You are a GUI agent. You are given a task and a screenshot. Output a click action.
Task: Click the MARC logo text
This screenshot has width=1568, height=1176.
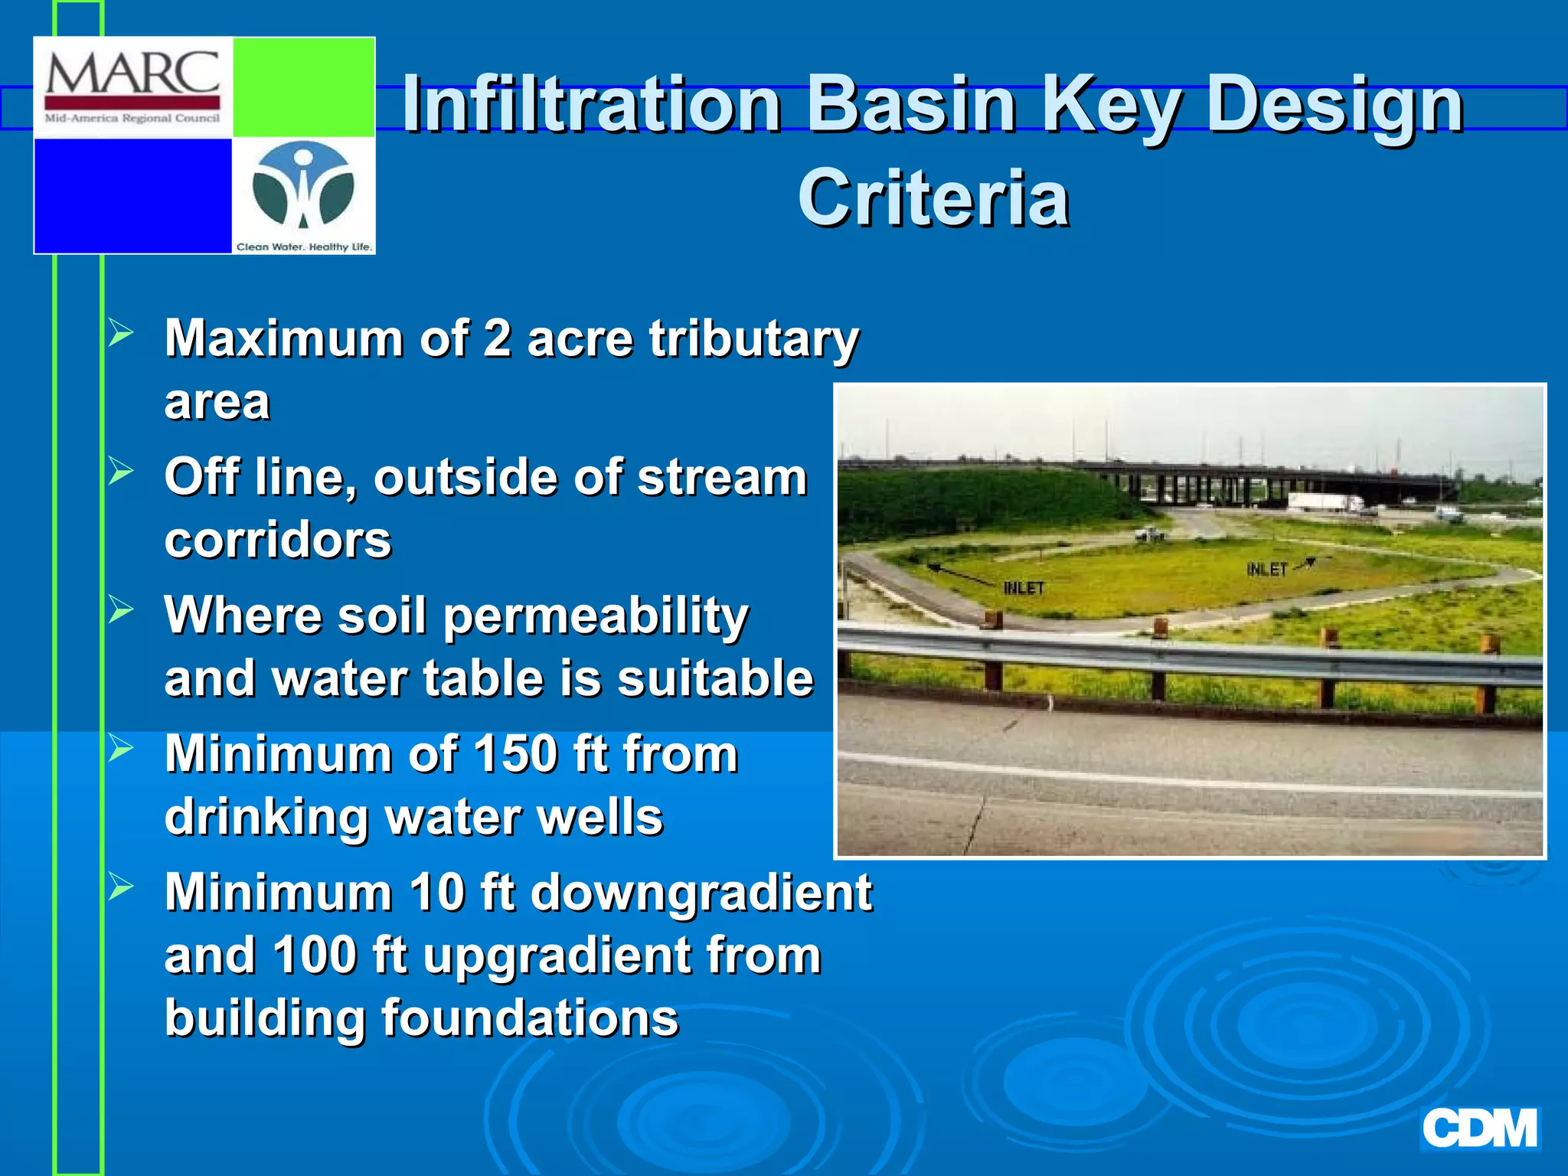132,74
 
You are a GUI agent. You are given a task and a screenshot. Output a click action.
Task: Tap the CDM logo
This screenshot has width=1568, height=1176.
1479,1129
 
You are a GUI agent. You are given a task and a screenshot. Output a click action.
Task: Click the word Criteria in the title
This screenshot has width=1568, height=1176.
933,198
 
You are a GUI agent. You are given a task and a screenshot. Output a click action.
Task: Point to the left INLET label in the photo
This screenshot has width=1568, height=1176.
1024,588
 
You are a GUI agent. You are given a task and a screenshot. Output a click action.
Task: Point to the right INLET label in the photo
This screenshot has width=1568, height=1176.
1266,570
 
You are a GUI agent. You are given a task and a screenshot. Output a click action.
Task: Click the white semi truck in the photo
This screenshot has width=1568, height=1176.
1325,503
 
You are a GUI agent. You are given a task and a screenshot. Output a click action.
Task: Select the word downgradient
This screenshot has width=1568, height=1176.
701,893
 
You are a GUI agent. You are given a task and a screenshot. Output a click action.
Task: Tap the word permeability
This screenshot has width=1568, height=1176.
595,616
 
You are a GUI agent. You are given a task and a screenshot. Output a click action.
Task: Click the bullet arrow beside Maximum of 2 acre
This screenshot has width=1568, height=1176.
121,332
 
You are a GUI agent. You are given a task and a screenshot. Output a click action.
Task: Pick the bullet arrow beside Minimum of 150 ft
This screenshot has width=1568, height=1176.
121,748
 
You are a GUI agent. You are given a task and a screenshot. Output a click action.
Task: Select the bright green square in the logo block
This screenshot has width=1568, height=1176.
303,87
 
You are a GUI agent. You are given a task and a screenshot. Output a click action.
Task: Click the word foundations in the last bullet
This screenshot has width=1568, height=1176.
530,1018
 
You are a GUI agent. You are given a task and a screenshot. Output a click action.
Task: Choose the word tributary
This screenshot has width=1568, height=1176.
753,338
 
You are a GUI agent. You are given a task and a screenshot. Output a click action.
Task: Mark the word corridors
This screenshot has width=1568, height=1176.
277,541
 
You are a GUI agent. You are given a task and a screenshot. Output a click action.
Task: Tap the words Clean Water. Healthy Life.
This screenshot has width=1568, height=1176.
304,247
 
